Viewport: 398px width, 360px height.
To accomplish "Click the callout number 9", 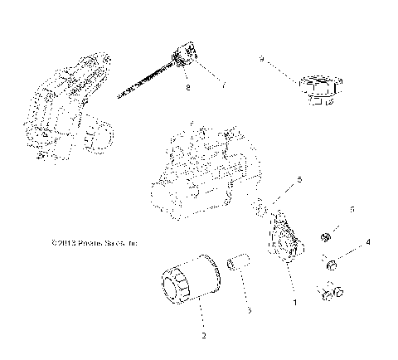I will point(261,60).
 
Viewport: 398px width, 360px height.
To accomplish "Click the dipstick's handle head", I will point(185,57).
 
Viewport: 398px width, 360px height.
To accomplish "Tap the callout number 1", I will point(293,304).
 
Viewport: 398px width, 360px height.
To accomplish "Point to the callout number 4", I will point(368,241).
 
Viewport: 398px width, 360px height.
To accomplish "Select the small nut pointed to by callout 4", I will point(331,265).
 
